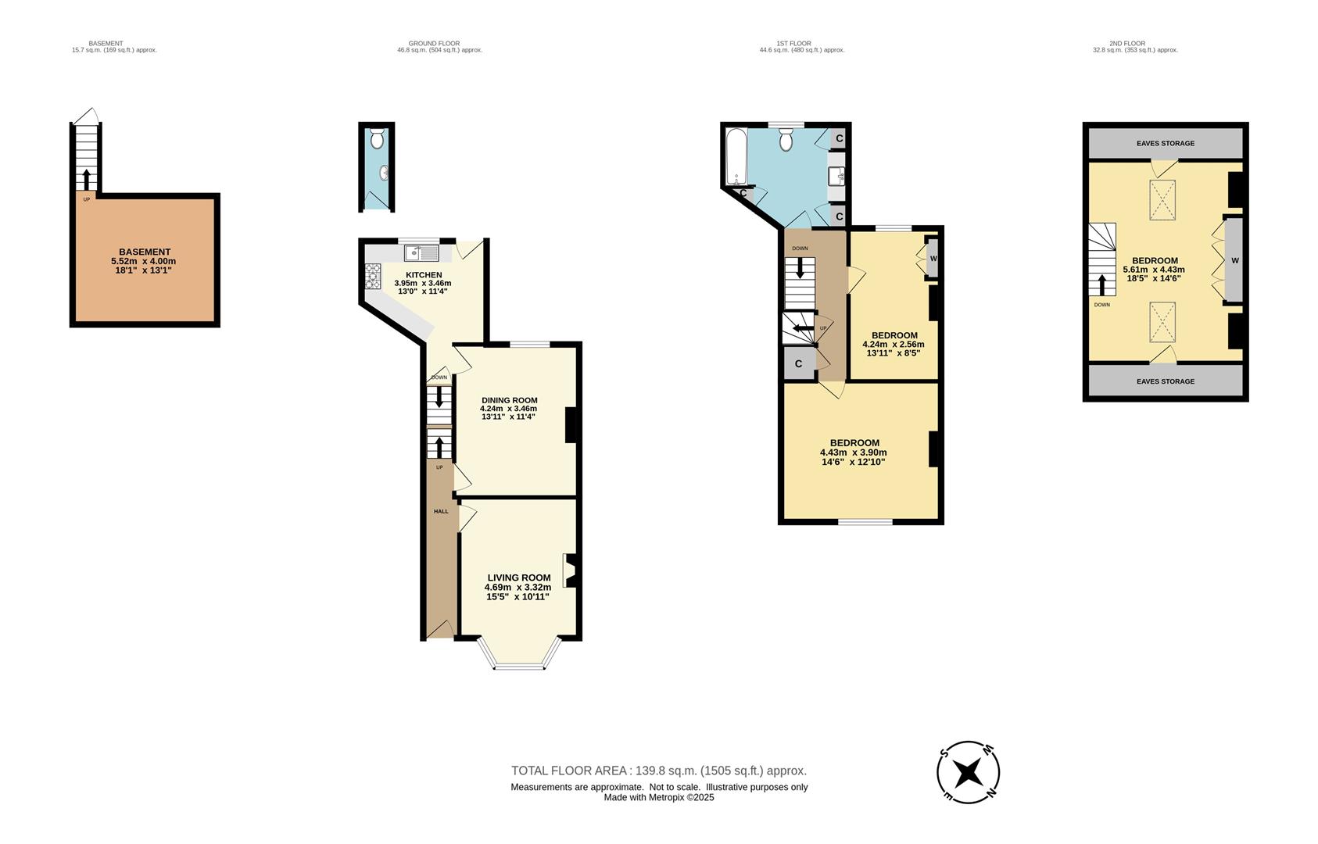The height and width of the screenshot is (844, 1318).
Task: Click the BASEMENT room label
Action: [145, 252]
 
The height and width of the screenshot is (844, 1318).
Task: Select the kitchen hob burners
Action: [373, 273]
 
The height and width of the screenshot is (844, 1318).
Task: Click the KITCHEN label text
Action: [424, 275]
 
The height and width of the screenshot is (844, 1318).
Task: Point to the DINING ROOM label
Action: [509, 400]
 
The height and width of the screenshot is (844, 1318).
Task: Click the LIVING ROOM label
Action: [518, 578]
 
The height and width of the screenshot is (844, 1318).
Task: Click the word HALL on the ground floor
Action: [441, 511]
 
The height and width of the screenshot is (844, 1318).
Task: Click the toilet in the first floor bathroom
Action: [786, 140]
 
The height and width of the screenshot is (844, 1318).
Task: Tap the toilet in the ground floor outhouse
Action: [377, 140]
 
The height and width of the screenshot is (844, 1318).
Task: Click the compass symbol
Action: [968, 772]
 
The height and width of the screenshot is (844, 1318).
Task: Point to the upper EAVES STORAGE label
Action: [1165, 144]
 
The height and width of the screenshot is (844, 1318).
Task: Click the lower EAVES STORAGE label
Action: [1165, 381]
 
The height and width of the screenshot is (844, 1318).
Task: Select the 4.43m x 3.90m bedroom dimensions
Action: [853, 452]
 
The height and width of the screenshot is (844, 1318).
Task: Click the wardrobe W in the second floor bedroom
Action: [1234, 260]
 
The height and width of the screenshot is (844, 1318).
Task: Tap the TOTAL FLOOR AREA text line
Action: [658, 771]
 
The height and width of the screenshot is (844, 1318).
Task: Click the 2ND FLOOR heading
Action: [1126, 44]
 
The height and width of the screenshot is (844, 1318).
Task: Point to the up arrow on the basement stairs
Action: [86, 177]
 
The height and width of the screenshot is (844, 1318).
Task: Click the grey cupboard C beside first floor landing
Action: [798, 364]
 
